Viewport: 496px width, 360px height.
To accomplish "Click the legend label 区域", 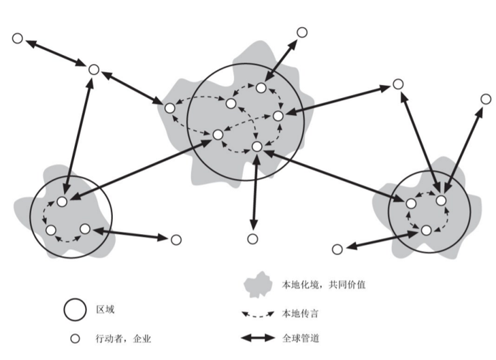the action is [x=105, y=310].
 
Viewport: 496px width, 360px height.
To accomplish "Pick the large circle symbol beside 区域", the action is [x=74, y=310].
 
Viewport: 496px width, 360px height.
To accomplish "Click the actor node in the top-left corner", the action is [x=18, y=38].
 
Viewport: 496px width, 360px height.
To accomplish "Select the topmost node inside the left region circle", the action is [x=62, y=202].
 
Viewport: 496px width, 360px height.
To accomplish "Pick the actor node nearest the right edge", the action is [x=485, y=99].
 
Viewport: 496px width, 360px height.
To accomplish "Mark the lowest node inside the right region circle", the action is [x=426, y=231].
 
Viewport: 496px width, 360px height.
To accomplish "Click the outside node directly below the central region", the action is [x=252, y=238].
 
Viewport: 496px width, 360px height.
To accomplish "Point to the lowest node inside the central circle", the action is [x=257, y=146].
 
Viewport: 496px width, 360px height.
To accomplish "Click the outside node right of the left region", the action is [x=176, y=240].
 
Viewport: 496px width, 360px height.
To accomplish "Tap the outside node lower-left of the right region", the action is [x=337, y=249].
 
